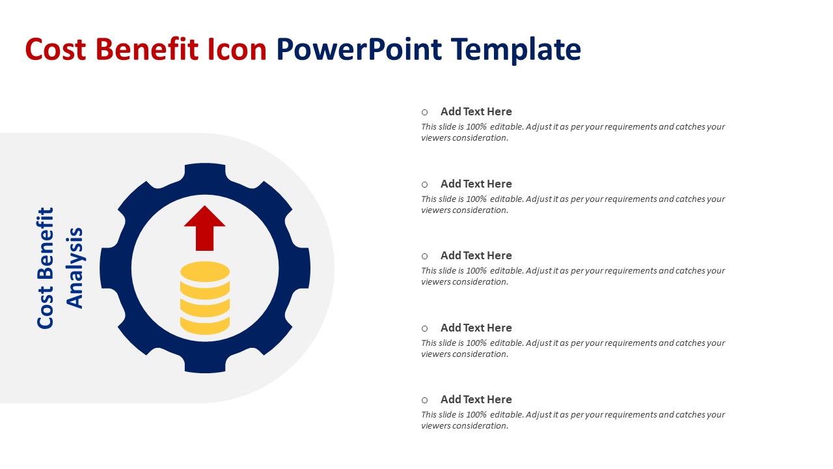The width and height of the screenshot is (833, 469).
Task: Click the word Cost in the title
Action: (55, 49)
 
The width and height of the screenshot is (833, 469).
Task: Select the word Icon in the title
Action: (238, 49)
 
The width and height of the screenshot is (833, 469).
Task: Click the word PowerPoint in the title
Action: (359, 50)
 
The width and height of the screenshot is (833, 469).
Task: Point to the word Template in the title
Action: (516, 50)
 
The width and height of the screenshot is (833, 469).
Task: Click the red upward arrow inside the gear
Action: (204, 228)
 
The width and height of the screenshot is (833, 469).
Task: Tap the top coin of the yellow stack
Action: (205, 272)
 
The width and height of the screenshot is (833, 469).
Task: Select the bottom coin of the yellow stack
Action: (205, 326)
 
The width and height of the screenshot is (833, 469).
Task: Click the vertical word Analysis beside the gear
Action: (74, 268)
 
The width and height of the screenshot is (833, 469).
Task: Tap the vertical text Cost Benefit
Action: (46, 268)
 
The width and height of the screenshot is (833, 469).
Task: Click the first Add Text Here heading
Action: (476, 111)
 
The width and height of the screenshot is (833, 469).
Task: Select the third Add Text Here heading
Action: (476, 256)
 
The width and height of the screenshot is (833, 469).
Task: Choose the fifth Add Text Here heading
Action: (476, 399)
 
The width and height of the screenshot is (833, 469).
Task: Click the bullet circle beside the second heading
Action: (425, 184)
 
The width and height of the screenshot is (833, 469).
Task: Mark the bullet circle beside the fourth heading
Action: (425, 328)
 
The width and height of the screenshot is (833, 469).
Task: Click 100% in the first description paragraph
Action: (476, 127)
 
